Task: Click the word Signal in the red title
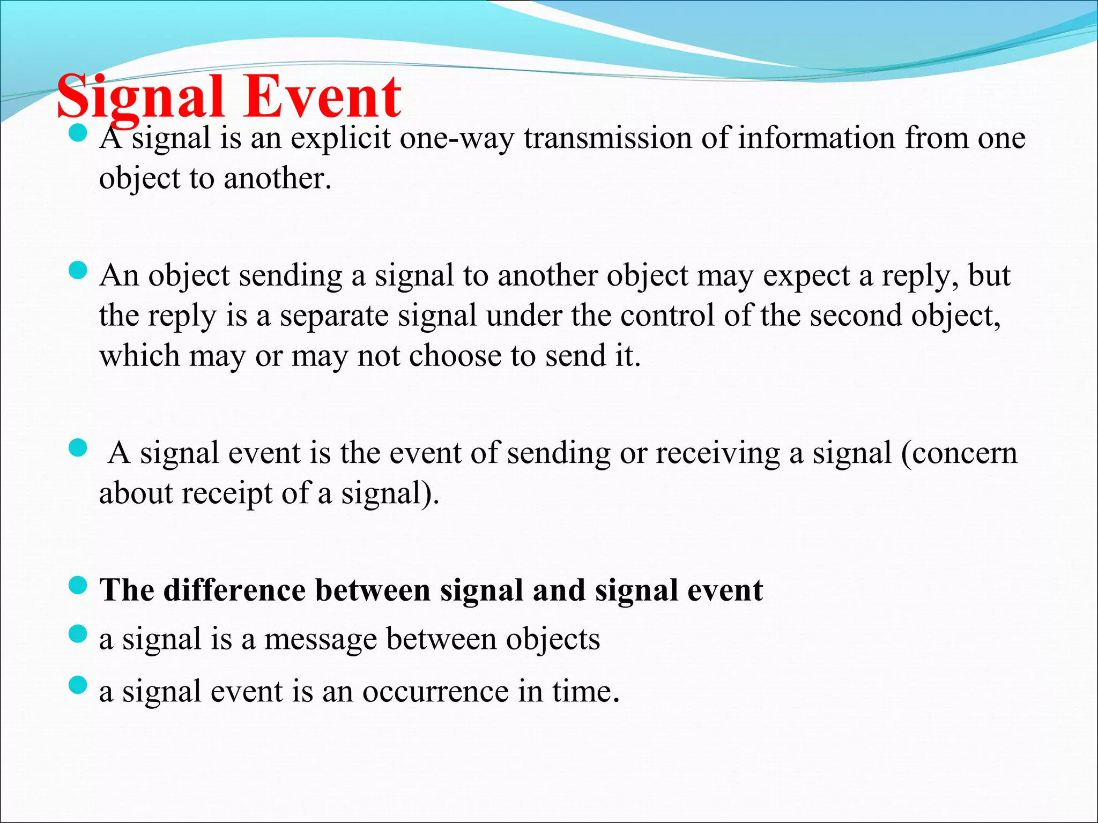(x=139, y=98)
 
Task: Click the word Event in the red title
(x=322, y=98)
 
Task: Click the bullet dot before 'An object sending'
(x=78, y=271)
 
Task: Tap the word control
(x=667, y=316)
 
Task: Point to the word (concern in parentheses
(x=959, y=453)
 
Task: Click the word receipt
(x=227, y=493)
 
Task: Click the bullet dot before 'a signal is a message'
(x=78, y=635)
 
